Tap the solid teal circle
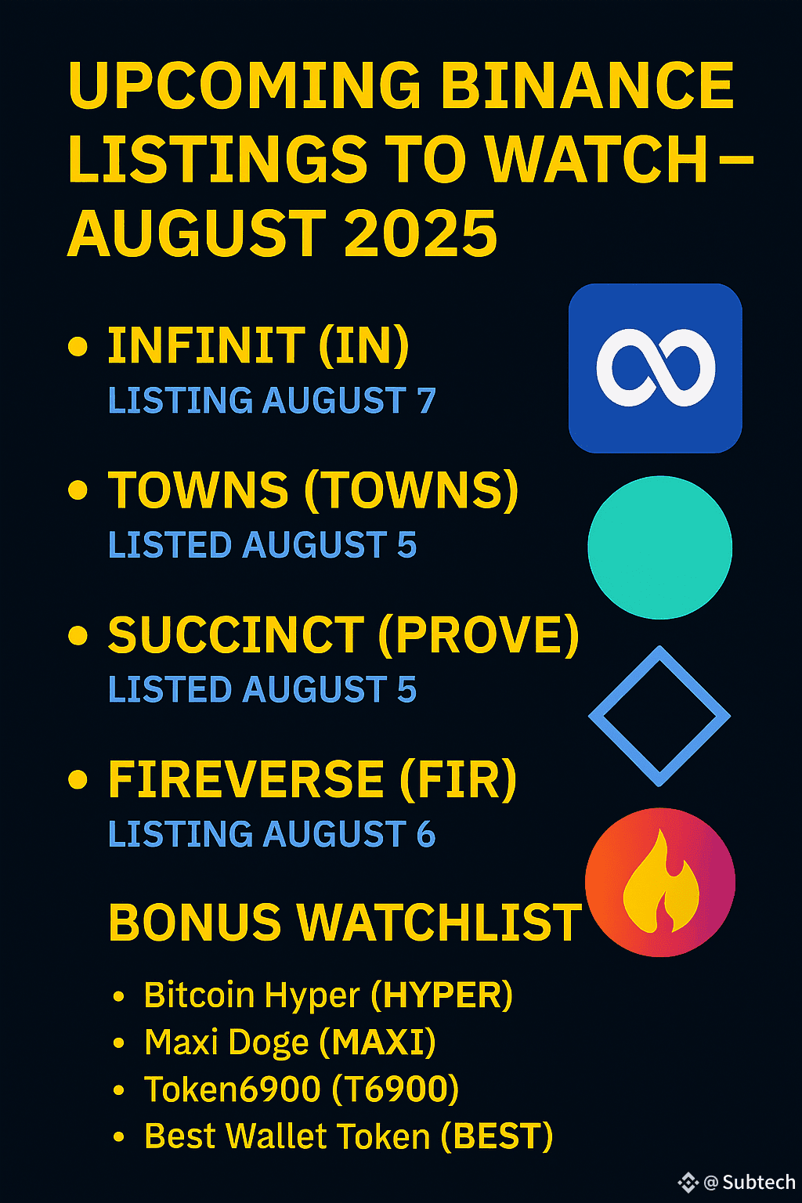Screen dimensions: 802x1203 (x=659, y=547)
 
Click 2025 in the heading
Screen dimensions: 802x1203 (x=421, y=233)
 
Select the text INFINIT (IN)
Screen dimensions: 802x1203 (x=258, y=345)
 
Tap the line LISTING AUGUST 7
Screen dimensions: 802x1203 (x=272, y=401)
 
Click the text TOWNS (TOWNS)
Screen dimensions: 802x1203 (x=313, y=490)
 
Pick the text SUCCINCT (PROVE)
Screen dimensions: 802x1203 (x=344, y=635)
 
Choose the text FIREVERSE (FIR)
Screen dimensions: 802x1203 (x=312, y=780)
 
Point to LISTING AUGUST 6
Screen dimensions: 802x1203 (x=272, y=834)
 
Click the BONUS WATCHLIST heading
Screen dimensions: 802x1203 (x=345, y=923)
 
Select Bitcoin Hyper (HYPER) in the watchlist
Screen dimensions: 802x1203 (x=328, y=996)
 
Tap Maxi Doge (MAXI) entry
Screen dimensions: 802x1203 (x=290, y=1043)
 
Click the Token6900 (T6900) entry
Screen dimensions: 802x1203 (x=302, y=1089)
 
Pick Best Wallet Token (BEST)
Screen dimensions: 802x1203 (x=349, y=1137)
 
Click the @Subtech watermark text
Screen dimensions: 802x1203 (x=750, y=1182)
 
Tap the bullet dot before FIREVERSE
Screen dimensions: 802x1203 (x=78, y=780)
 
